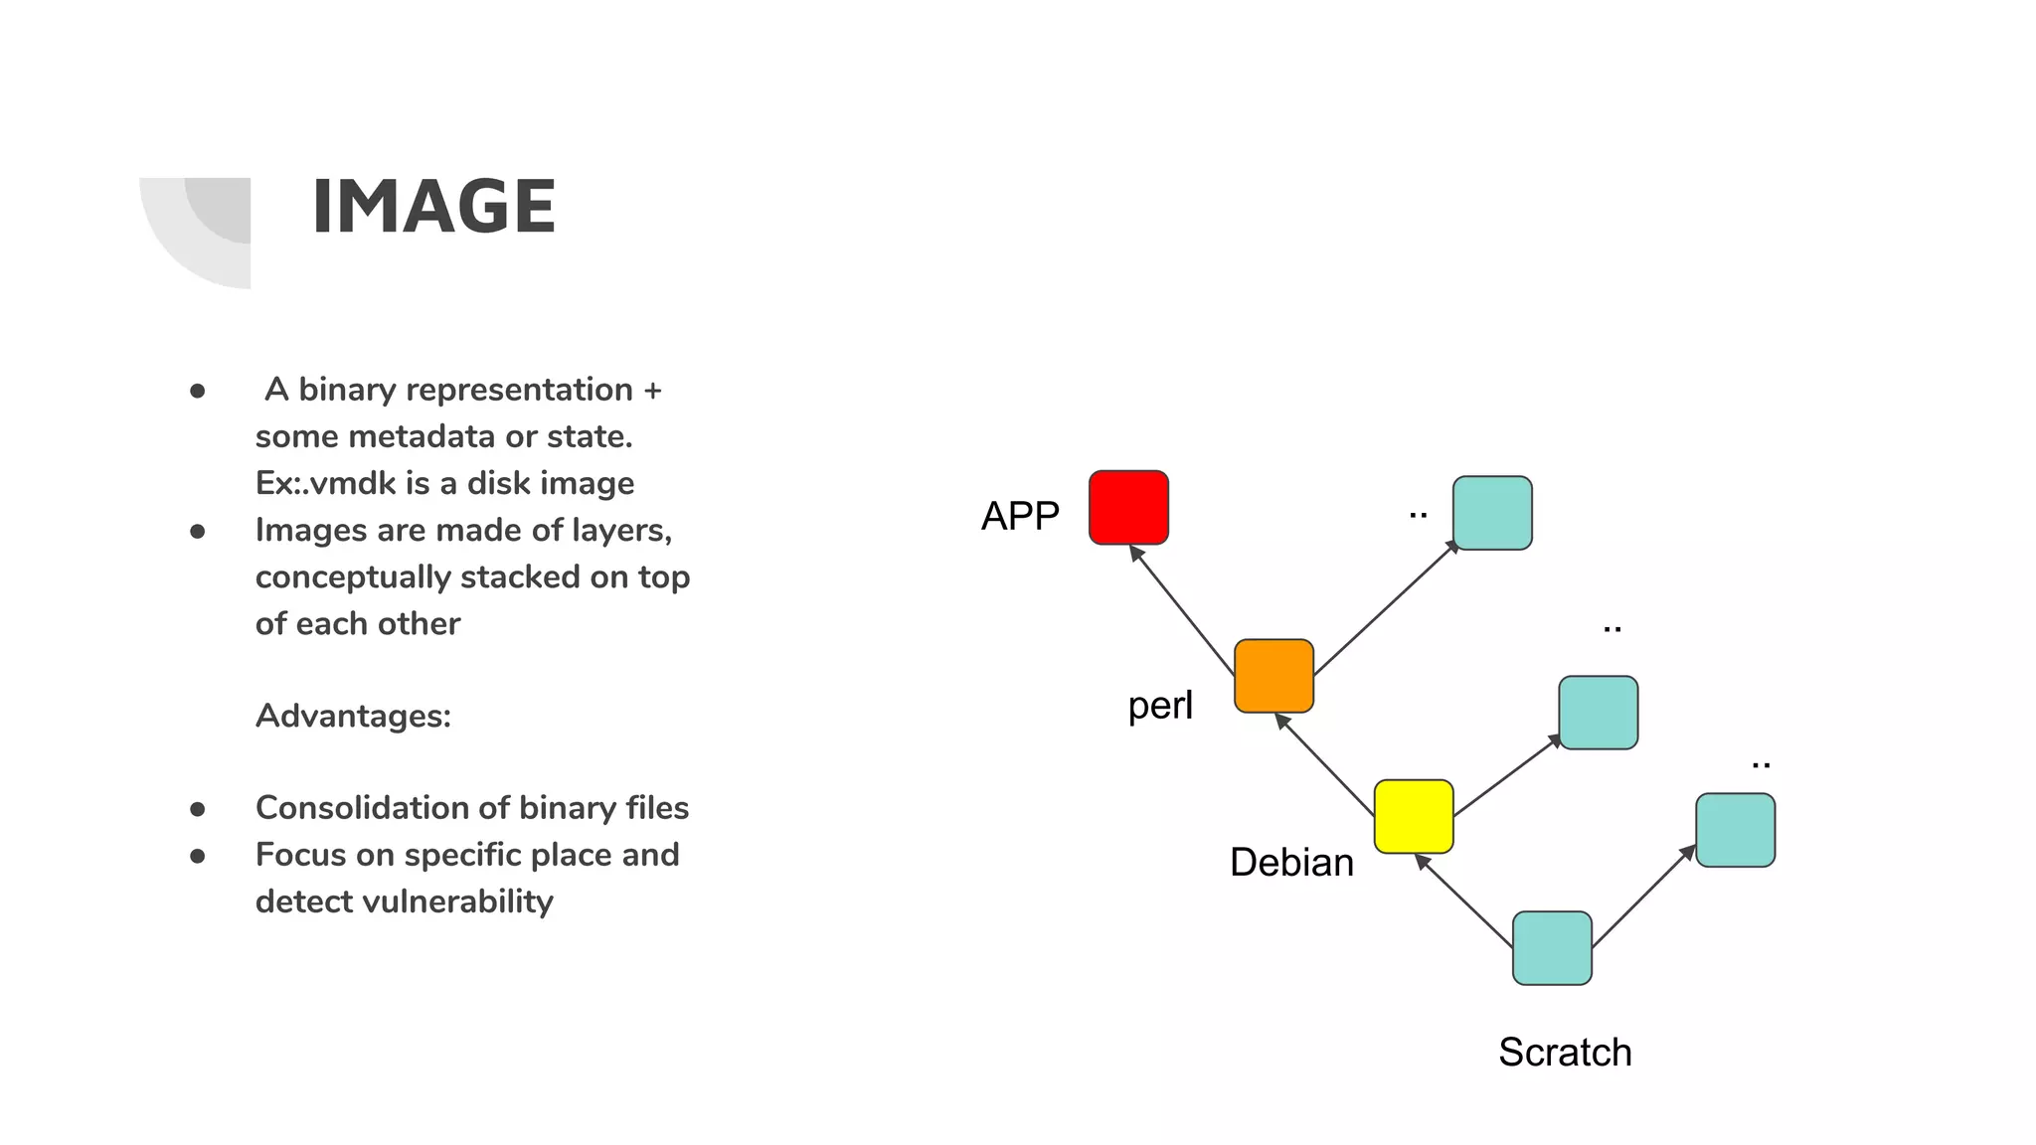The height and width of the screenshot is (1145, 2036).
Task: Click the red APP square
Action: (1128, 508)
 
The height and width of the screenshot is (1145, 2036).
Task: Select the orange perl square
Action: (1273, 676)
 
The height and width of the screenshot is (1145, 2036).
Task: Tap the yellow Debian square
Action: (1414, 816)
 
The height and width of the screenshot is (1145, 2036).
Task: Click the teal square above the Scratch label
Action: (1552, 948)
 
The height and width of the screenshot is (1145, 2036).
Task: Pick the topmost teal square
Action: (1492, 513)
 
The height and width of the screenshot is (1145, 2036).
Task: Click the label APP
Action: (1020, 516)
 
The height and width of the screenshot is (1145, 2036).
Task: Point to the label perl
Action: (1160, 706)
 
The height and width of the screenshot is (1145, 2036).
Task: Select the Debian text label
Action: (1291, 862)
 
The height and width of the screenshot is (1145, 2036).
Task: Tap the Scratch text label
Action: (1565, 1052)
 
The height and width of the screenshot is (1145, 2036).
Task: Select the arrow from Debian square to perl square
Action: (1325, 763)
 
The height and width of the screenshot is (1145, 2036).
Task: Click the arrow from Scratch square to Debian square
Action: (1463, 899)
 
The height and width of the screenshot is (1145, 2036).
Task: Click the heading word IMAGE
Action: (433, 207)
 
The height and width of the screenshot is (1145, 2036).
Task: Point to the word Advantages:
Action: (353, 716)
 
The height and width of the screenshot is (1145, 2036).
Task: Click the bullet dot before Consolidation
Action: (198, 809)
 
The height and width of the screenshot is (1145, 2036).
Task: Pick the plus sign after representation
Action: (652, 390)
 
